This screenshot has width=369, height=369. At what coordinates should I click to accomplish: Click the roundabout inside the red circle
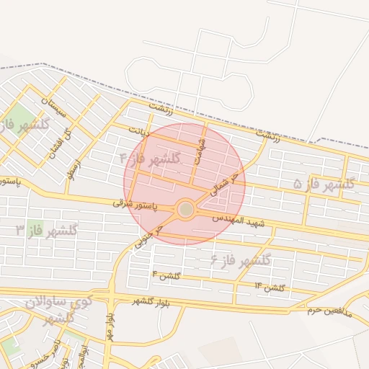pyautogui.click(x=185, y=209)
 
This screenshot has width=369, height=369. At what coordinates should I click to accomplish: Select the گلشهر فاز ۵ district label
pyautogui.click(x=324, y=184)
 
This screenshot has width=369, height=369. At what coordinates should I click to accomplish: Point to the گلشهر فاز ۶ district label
pyautogui.click(x=240, y=259)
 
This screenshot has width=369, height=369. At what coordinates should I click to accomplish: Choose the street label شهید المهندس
pyautogui.click(x=239, y=220)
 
